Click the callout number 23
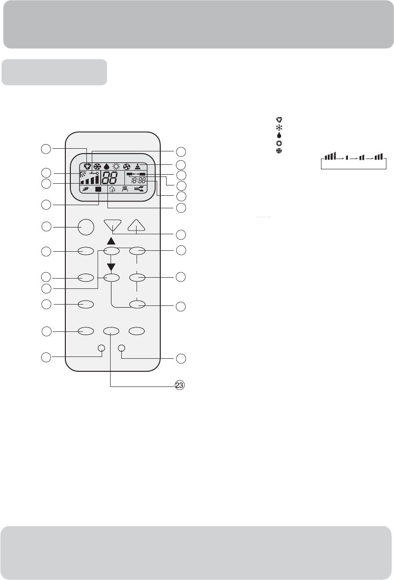pos(180,385)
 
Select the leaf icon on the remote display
pos(85,189)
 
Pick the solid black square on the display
pos(98,189)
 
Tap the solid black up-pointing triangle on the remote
pos(111,241)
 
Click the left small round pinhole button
pos(102,348)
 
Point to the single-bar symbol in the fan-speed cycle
pos(347,157)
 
